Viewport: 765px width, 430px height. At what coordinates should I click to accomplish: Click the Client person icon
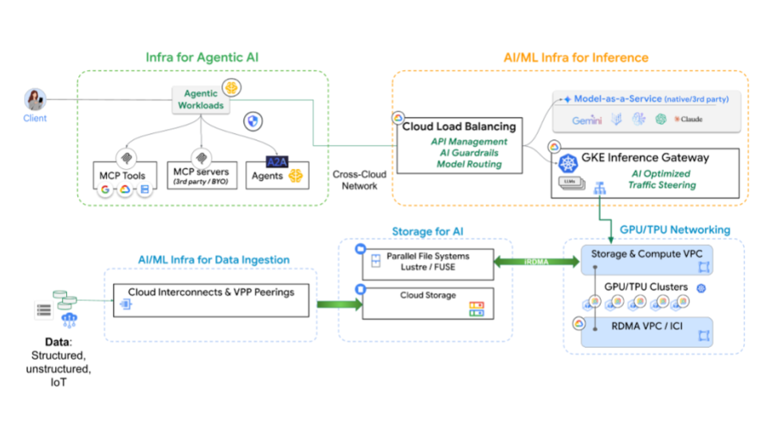tap(34, 100)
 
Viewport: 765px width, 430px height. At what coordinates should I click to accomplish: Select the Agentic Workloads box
tap(200, 100)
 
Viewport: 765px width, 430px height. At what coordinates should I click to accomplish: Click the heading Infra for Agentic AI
tap(202, 57)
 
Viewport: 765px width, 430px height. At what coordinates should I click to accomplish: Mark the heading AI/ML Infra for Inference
tap(576, 57)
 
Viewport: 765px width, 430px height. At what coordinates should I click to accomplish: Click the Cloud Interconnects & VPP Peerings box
tap(210, 301)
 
